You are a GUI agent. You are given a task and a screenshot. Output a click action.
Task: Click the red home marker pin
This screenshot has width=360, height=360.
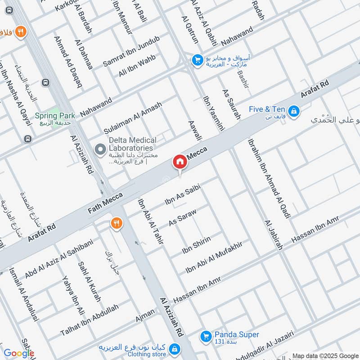(180, 162)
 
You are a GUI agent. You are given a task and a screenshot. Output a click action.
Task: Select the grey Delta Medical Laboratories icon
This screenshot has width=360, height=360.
(99, 148)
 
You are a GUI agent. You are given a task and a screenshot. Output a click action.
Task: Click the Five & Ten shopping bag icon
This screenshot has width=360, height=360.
(293, 110)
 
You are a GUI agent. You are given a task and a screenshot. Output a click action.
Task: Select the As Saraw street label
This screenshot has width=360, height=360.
(183, 216)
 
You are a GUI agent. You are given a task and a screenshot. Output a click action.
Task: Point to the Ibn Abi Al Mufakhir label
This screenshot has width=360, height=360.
(214, 258)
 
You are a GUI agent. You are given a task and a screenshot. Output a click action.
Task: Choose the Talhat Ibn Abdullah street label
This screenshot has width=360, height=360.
(90, 320)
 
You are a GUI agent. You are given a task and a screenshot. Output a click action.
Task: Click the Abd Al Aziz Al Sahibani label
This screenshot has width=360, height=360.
(58, 258)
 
